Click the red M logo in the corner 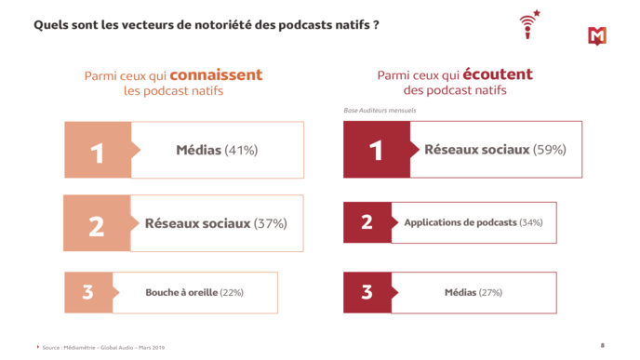(597, 35)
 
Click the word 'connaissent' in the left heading (216, 75)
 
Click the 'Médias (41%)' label (217, 150)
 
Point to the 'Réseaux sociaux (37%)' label (216, 223)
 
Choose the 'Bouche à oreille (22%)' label (194, 292)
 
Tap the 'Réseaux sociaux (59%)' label (495, 149)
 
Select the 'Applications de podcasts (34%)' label (473, 222)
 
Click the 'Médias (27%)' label (473, 292)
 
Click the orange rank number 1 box (97, 151)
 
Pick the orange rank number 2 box (96, 224)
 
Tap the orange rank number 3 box (87, 292)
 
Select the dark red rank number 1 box (376, 150)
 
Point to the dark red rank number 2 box (367, 222)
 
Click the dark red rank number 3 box (367, 292)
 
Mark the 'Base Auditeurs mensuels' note (380, 111)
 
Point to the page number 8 (603, 344)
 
